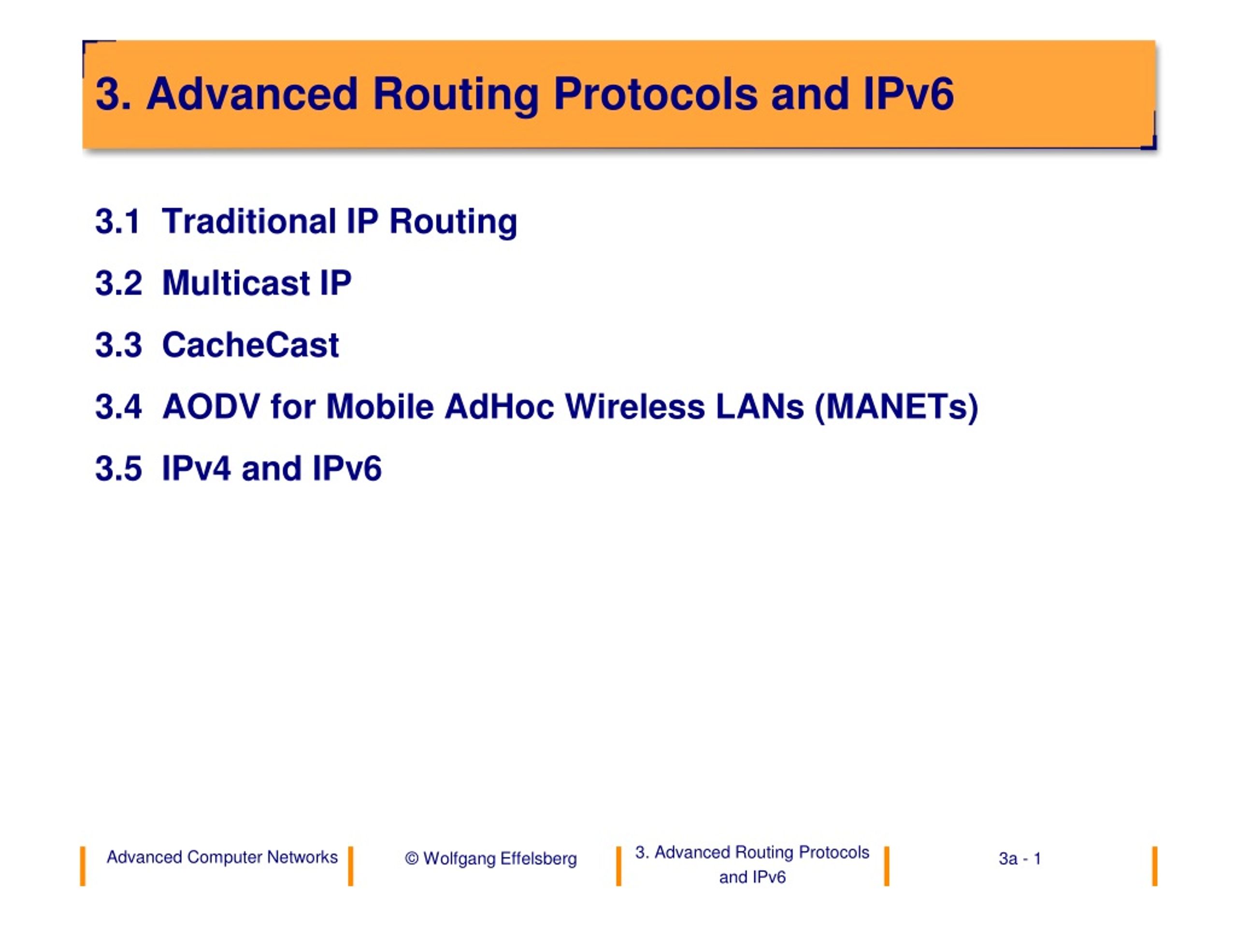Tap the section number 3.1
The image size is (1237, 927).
tap(117, 221)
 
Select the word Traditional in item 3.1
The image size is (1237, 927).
tap(249, 221)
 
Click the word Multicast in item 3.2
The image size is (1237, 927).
tap(235, 283)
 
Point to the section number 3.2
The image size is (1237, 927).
tap(118, 283)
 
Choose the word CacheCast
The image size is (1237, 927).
tap(250, 345)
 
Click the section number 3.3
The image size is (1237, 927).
tap(118, 345)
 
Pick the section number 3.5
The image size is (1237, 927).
tap(118, 468)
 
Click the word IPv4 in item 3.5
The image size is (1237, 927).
tap(196, 468)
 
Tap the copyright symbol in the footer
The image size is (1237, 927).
tap(412, 859)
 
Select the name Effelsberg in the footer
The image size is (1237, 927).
tap(539, 859)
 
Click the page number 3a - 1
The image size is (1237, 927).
tap(1020, 859)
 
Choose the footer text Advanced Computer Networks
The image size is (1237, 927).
tap(222, 857)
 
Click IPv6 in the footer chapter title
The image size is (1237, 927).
tap(768, 877)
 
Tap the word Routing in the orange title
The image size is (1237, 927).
tap(456, 95)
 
